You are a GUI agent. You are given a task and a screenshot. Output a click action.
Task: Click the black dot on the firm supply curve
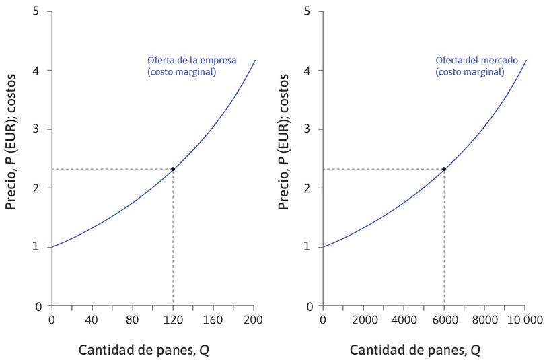(x=173, y=169)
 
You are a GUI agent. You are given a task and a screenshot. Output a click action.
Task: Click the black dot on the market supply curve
(x=444, y=169)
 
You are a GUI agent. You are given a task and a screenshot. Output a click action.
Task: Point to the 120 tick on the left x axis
(x=173, y=319)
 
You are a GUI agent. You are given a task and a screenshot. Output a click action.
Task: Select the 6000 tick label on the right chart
(x=444, y=319)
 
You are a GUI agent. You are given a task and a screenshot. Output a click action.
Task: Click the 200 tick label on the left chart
(x=254, y=319)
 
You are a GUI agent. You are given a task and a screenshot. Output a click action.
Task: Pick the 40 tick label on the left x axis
(x=92, y=319)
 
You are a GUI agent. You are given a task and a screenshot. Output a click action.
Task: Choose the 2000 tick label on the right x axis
(x=363, y=319)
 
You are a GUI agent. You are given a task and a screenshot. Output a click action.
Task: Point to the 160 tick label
(x=213, y=319)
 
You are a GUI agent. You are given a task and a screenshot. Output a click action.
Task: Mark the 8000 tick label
(x=484, y=319)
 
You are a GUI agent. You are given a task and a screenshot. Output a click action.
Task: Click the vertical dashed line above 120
(x=173, y=242)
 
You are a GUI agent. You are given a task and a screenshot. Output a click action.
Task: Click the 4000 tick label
(x=404, y=319)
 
